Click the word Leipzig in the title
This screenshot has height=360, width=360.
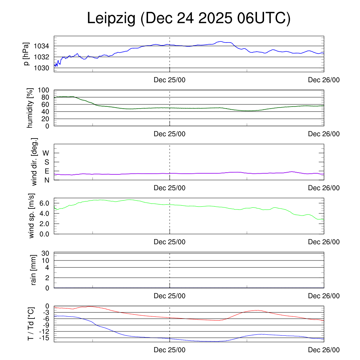(111, 19)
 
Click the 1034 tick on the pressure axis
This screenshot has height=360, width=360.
(41, 46)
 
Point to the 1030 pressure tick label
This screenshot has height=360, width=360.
(41, 68)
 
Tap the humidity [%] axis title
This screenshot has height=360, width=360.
(30, 108)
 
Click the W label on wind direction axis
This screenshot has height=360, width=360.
(46, 153)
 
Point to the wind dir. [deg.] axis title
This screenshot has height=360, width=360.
(34, 162)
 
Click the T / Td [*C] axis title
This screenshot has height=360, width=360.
(31, 324)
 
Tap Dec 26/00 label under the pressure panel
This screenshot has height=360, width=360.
(324, 80)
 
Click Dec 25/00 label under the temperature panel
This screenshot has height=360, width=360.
(169, 350)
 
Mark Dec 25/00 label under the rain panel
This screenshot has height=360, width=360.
(169, 296)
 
